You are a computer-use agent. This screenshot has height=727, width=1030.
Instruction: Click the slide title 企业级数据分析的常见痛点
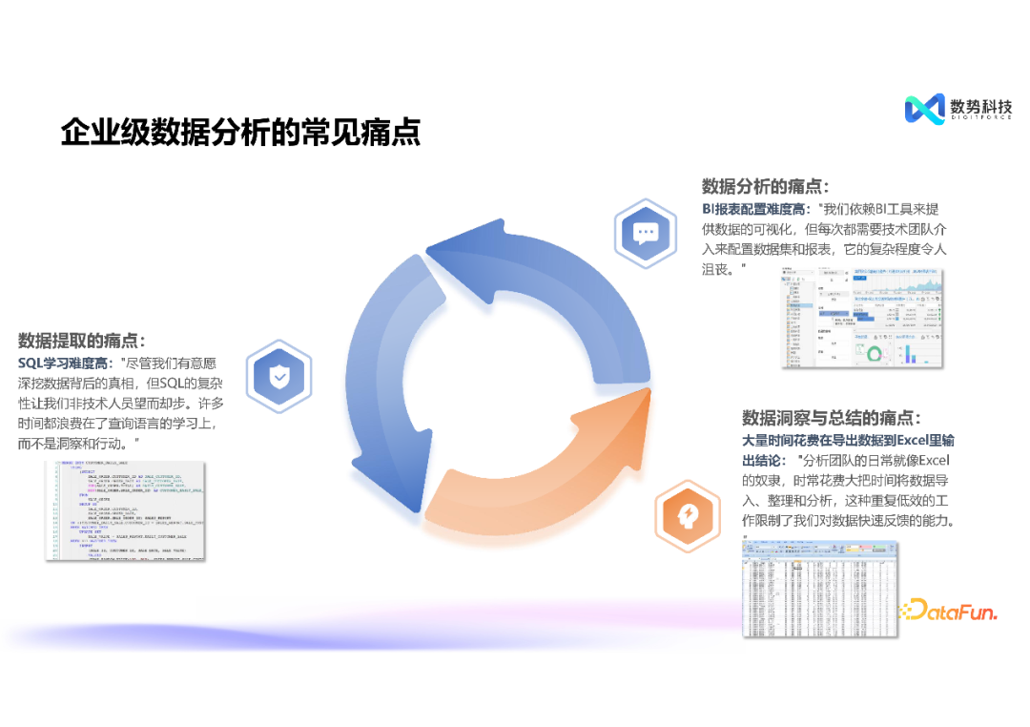(240, 132)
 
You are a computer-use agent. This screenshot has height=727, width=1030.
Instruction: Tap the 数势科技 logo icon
(923, 109)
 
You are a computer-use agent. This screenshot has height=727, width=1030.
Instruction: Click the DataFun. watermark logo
(950, 610)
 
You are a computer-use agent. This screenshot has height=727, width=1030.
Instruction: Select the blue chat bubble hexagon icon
(646, 232)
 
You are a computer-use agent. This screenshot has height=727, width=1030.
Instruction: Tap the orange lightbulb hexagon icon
(687, 516)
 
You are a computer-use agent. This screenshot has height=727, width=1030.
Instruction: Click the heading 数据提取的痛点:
(82, 341)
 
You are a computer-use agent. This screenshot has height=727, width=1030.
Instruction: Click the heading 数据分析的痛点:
(765, 186)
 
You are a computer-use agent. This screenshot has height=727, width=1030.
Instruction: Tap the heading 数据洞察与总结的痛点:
(832, 418)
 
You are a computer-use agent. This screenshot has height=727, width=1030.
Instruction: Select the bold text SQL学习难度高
(62, 363)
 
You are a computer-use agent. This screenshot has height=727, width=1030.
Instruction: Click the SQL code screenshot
(125, 509)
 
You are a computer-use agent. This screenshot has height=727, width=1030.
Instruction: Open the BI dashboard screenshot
(864, 317)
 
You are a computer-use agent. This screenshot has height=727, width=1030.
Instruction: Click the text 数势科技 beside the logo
(981, 106)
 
